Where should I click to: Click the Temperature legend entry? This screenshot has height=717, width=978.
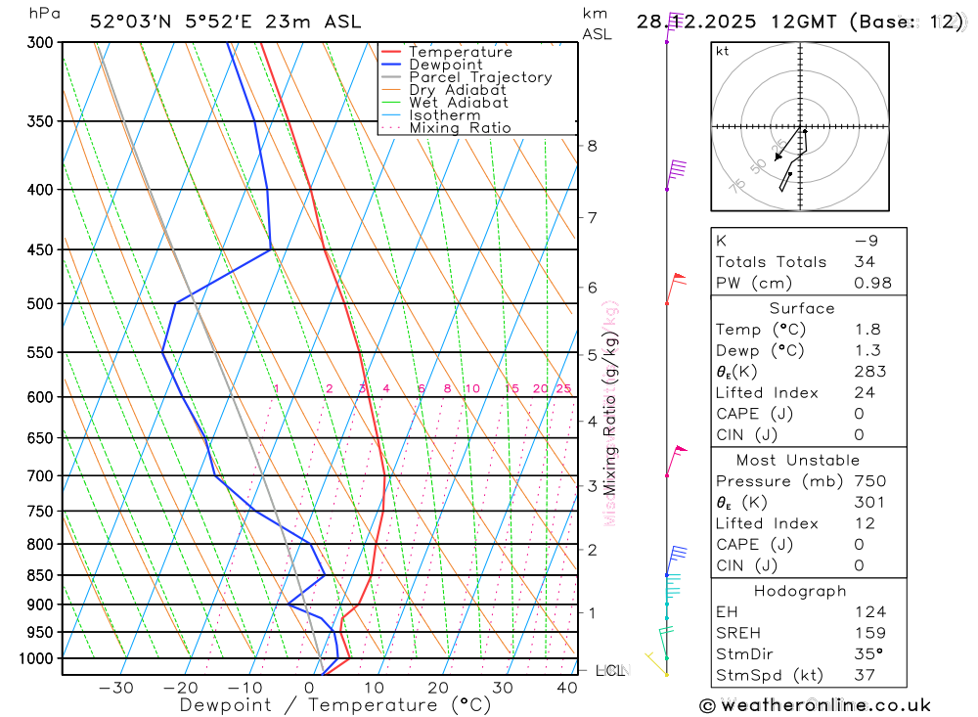point(460,52)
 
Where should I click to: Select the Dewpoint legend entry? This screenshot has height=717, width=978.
point(445,65)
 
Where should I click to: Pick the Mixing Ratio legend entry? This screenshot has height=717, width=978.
point(460,127)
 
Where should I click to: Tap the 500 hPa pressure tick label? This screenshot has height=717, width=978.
point(40,303)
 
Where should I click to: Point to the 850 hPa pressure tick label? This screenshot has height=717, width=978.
point(40,574)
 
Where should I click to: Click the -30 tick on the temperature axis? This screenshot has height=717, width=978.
point(115,688)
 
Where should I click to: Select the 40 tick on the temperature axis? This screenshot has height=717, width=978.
point(566,688)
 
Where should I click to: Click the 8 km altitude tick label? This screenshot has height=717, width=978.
point(592,146)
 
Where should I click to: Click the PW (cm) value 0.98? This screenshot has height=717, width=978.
point(872,283)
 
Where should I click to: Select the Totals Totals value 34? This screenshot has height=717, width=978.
point(864,261)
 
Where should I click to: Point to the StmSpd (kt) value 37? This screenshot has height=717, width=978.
point(864,675)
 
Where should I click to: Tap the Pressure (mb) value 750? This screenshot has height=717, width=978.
point(868,481)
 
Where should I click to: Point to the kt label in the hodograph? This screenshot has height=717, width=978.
point(722,51)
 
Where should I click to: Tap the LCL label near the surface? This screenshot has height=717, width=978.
point(608,670)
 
